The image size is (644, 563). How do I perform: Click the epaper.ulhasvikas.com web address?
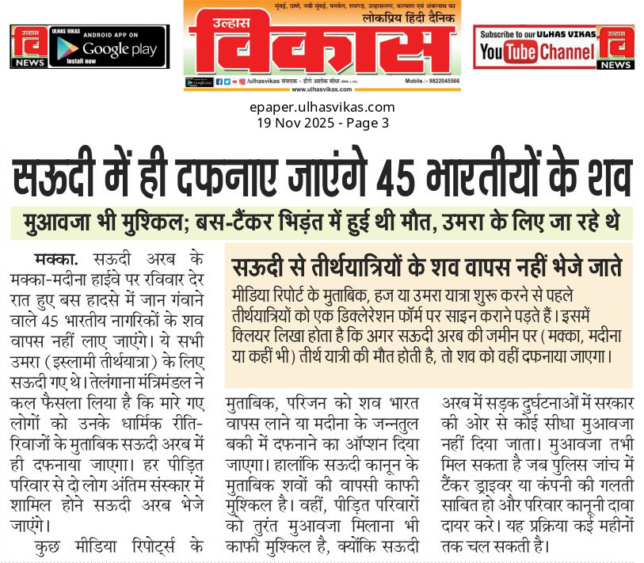(322, 107)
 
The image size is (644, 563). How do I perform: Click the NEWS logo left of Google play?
(27, 47)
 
